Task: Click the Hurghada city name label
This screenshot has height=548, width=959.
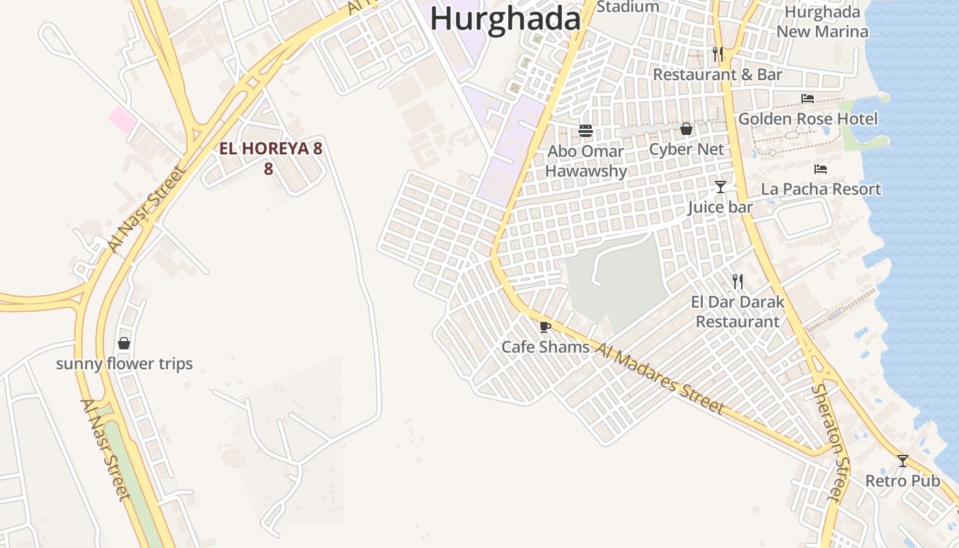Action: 505,18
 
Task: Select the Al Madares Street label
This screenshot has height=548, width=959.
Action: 659,378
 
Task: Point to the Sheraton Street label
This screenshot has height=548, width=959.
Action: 830,442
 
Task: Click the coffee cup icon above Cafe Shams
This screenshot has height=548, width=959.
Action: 545,327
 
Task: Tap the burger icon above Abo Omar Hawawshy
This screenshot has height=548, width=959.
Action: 585,130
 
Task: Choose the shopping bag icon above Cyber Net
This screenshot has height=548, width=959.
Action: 686,129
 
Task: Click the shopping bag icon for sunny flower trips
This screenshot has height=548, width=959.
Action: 124,343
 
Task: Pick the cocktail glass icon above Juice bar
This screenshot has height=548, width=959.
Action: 720,187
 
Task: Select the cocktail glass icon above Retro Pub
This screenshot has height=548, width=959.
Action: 903,461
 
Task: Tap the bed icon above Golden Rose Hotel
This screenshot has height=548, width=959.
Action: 808,99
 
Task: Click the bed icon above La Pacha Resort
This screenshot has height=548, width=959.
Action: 821,169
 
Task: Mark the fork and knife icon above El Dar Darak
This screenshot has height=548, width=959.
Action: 738,281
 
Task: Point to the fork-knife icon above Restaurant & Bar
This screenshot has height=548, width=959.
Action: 717,54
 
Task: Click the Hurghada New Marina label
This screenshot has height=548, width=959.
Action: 822,22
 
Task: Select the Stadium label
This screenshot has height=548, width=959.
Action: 628,7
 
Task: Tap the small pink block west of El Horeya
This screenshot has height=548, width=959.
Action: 122,120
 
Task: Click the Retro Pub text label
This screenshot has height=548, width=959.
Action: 902,481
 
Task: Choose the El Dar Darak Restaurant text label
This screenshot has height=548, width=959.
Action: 738,312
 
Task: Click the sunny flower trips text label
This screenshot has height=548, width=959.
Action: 124,364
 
